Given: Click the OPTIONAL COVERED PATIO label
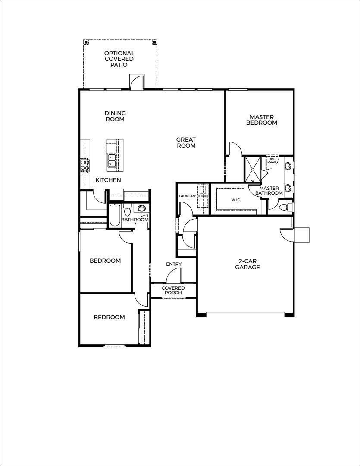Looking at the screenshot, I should pos(119,59).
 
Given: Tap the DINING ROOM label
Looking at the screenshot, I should pos(115,116).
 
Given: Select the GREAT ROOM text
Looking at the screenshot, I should pos(186,142).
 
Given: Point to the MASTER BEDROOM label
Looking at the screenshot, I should pos(261,120).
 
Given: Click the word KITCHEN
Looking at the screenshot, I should pos(108,180).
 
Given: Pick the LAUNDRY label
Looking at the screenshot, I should pos(187,196).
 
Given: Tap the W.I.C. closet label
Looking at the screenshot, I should pos(235,200).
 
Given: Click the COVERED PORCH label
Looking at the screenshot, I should pos(173,290).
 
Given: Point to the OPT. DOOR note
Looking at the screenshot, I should pos(272,160).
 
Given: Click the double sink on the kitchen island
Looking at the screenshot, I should pos(112,161).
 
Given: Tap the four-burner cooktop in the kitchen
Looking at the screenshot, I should pos(84,165).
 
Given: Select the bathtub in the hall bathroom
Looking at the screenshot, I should pos(114,215).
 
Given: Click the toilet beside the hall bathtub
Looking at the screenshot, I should pos(127,211).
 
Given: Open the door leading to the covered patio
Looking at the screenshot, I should pos(137,82).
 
